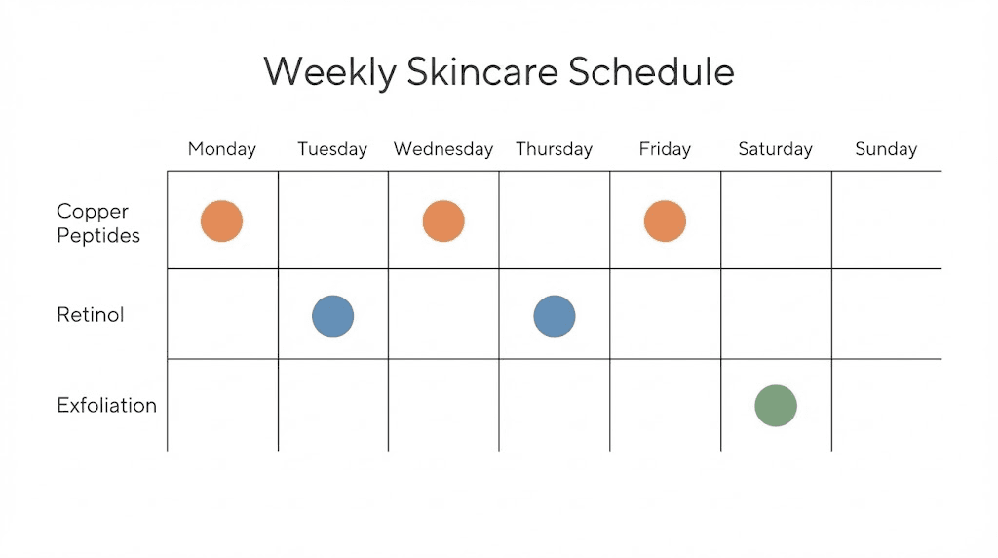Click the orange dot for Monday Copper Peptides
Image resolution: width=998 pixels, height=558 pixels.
221,221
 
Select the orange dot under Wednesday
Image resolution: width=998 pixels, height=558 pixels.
443,221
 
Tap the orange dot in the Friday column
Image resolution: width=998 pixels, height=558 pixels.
665,221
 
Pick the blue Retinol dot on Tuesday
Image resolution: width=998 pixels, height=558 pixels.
332,316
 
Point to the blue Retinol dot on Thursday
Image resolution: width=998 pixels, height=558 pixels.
555,316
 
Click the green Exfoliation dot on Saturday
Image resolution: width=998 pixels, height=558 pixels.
776,406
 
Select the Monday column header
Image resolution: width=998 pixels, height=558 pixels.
221,149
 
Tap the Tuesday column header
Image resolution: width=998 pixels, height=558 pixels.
332,149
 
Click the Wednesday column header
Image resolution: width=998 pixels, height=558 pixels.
443,149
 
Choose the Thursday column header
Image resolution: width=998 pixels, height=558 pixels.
554,149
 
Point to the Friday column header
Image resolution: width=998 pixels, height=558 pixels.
665,149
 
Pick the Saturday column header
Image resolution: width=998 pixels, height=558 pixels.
775,149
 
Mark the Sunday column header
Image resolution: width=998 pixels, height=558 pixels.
886,149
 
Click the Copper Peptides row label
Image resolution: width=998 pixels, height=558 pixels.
98,223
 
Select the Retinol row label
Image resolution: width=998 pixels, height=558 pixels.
91,315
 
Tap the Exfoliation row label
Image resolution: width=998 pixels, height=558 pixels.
106,405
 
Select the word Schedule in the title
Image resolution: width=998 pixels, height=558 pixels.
651,71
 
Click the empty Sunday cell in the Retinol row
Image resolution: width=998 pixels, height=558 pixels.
887,314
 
